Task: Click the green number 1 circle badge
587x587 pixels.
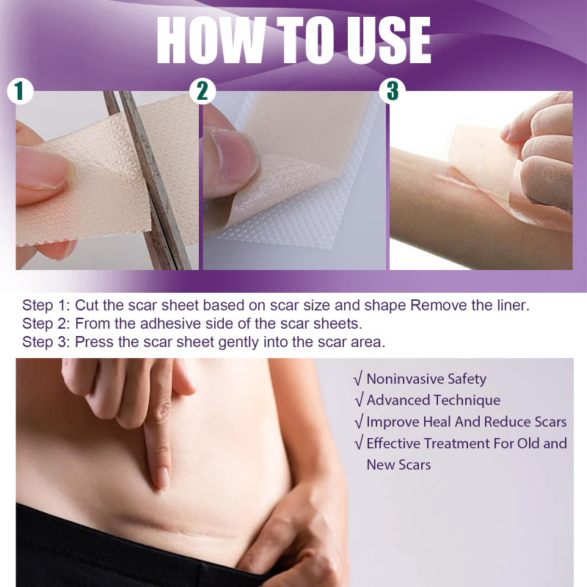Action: click(21, 91)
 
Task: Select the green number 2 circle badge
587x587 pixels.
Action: click(203, 91)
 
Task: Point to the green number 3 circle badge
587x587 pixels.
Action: click(392, 91)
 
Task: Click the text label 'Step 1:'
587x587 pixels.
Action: click(46, 305)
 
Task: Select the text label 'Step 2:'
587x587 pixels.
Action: click(46, 324)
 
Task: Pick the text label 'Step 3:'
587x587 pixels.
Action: click(46, 342)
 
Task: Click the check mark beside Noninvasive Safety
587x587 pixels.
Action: click(358, 379)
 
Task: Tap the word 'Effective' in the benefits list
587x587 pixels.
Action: click(393, 443)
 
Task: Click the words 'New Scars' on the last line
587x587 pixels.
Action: click(398, 465)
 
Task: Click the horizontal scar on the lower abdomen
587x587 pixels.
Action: click(180, 527)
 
